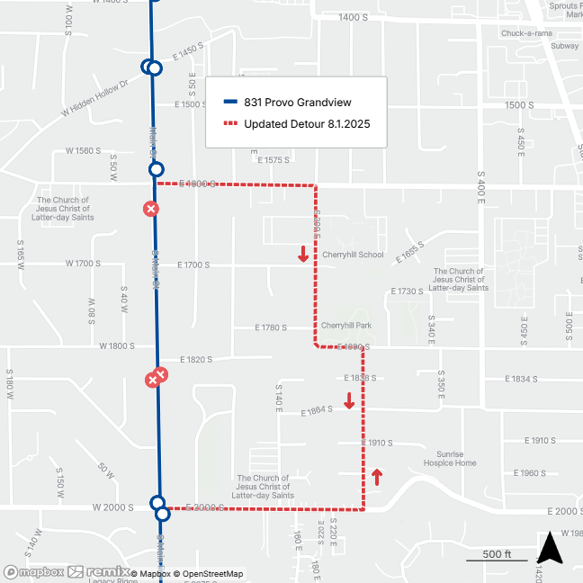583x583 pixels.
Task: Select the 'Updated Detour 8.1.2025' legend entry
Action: click(296, 124)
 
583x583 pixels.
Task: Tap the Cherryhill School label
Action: click(353, 255)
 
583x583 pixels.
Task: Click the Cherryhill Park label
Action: click(346, 326)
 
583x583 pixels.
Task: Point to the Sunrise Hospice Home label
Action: click(451, 459)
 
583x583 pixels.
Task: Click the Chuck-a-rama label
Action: click(528, 33)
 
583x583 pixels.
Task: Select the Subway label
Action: click(564, 45)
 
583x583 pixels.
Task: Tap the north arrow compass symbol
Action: click(550, 548)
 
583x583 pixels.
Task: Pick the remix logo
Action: click(98, 572)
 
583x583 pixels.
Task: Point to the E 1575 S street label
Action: click(273, 160)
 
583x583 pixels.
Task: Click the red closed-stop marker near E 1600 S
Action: click(151, 209)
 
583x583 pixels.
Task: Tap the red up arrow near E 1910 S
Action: click(376, 476)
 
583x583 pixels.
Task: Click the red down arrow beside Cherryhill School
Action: click(304, 256)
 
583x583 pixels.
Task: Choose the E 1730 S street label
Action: click(405, 291)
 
